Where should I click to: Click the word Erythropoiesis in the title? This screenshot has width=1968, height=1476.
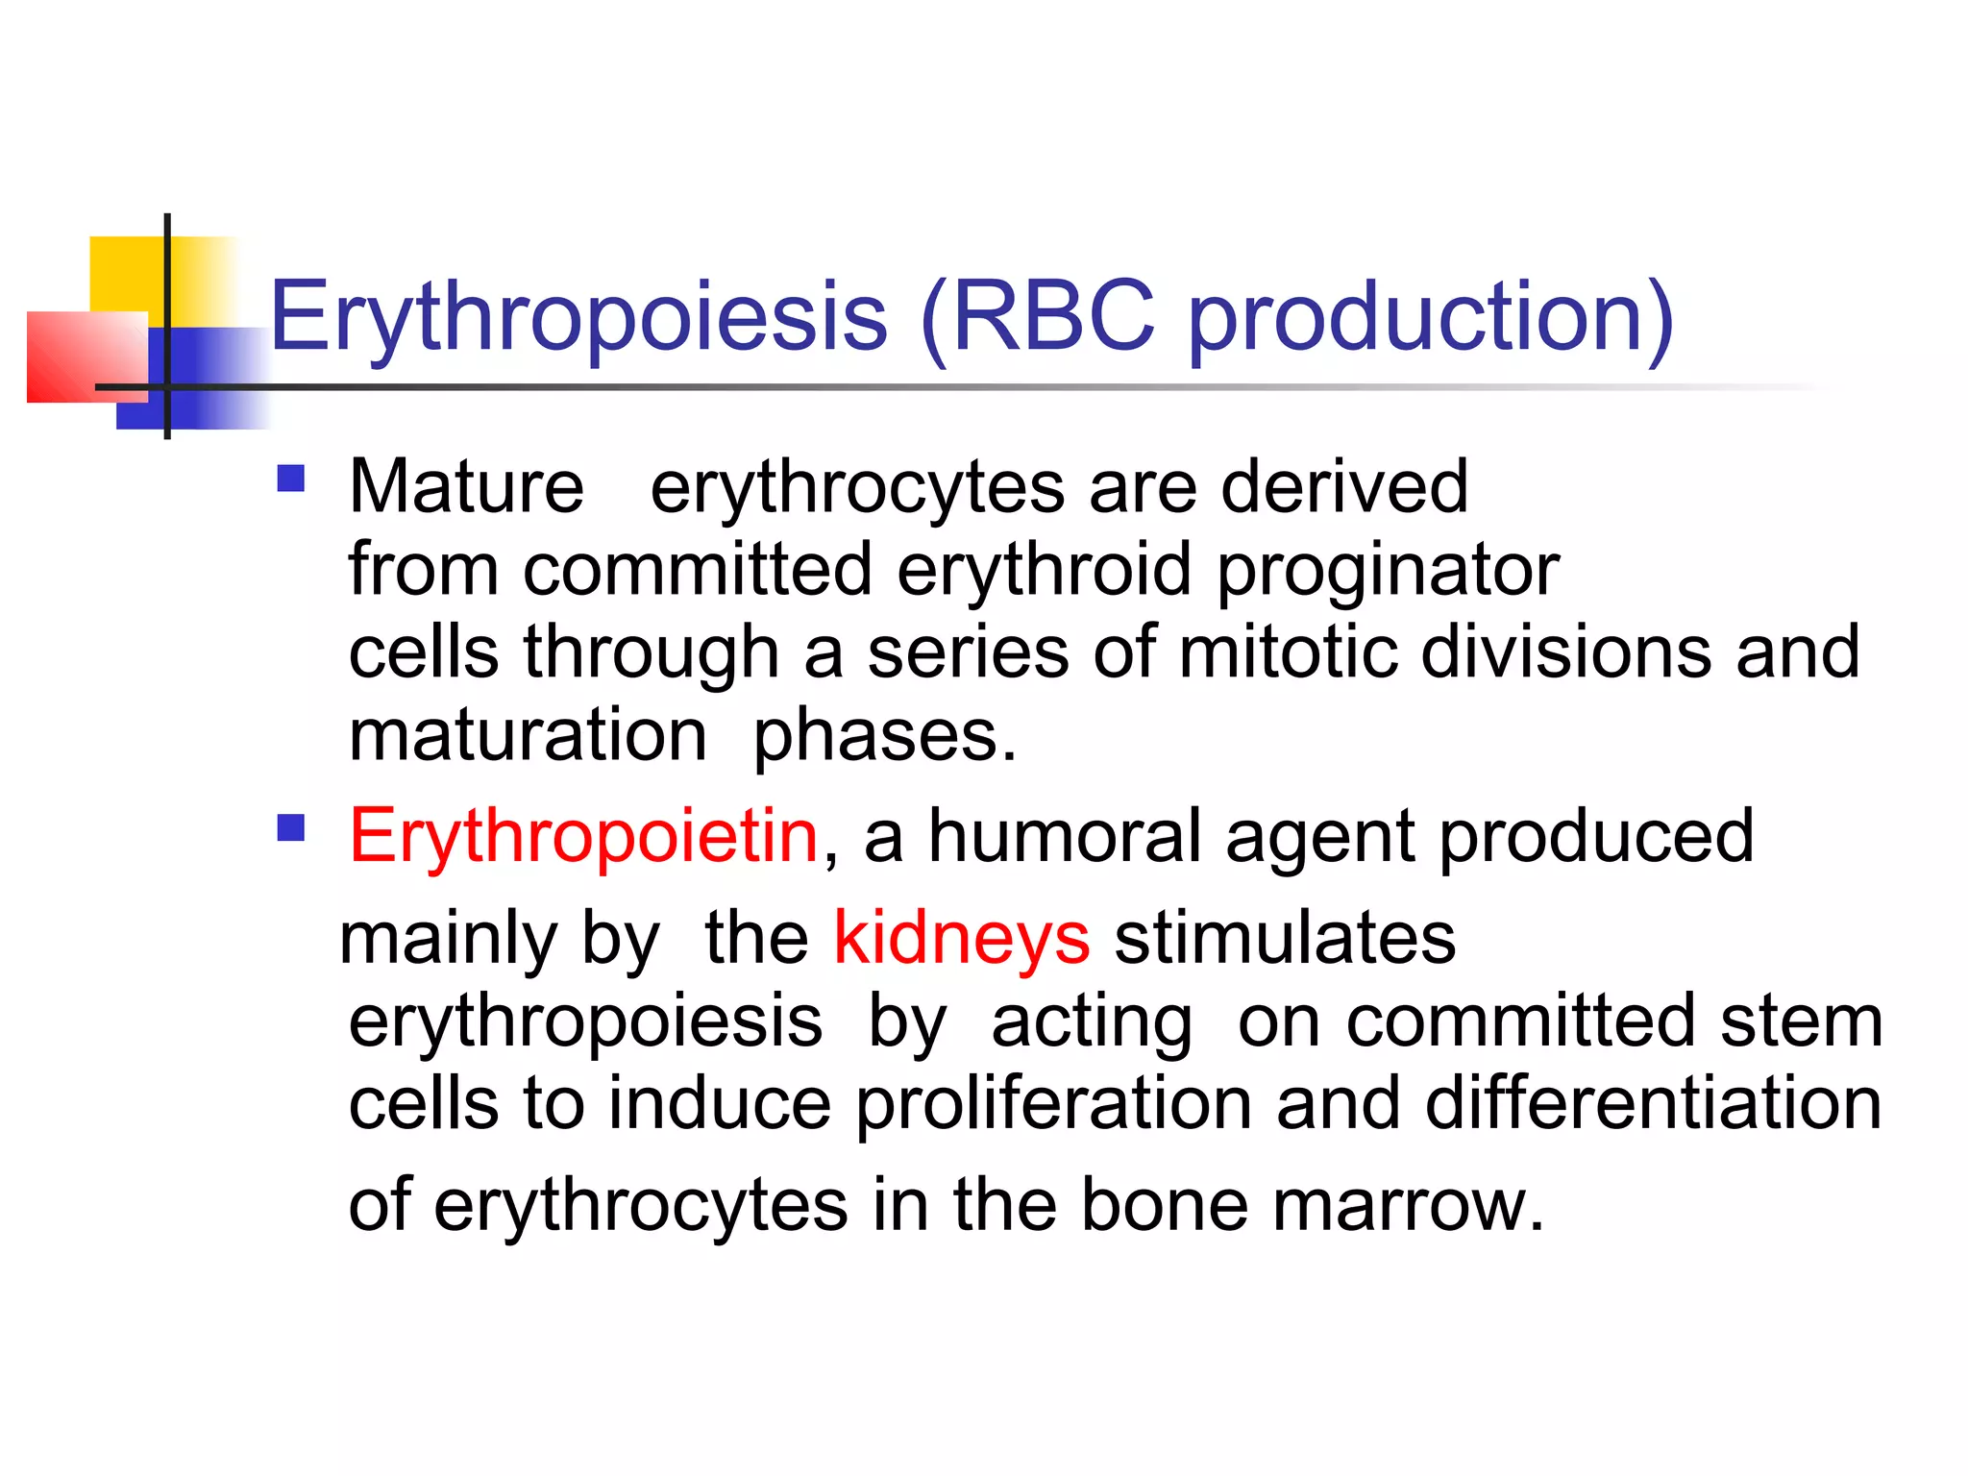578,318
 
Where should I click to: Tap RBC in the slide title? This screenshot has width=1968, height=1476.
1052,316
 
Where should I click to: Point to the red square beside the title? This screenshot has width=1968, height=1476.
82,356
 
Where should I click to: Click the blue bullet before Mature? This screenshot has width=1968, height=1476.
290,479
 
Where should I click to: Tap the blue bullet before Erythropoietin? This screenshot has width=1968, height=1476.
290,828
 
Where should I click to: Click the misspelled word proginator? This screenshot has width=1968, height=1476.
1388,572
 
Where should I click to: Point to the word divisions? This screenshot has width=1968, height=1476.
1566,652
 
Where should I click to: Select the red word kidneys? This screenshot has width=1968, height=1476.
961,940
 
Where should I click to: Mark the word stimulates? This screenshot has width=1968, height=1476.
1284,938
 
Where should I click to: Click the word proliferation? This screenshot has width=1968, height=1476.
1053,1105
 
